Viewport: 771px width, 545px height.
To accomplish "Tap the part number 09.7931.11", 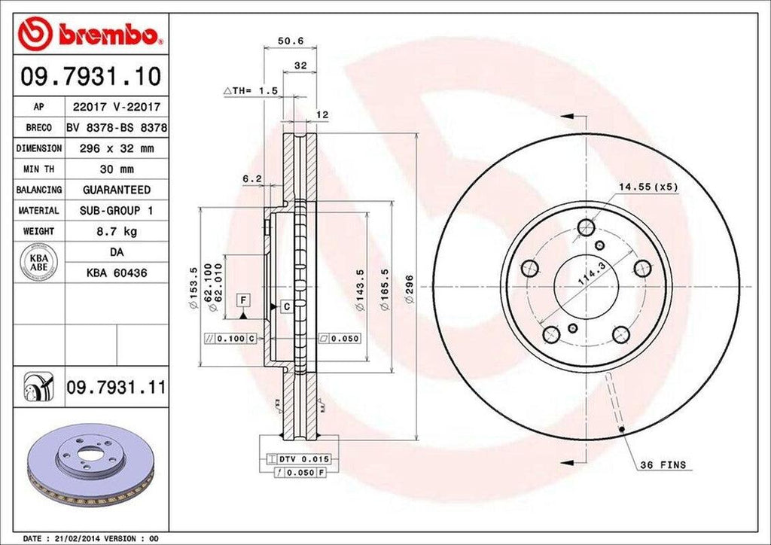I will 115,388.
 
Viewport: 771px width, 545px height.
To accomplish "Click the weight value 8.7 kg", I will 116,230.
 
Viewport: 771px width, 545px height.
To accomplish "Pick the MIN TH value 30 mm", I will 116,169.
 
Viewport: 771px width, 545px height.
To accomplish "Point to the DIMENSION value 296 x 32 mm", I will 116,149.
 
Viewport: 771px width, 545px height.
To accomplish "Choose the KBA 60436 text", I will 117,273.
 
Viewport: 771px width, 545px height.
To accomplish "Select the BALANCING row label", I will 38,190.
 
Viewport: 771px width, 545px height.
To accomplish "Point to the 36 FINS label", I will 662,465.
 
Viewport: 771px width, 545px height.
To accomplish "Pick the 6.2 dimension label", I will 251,178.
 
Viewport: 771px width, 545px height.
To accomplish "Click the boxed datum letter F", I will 242,300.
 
